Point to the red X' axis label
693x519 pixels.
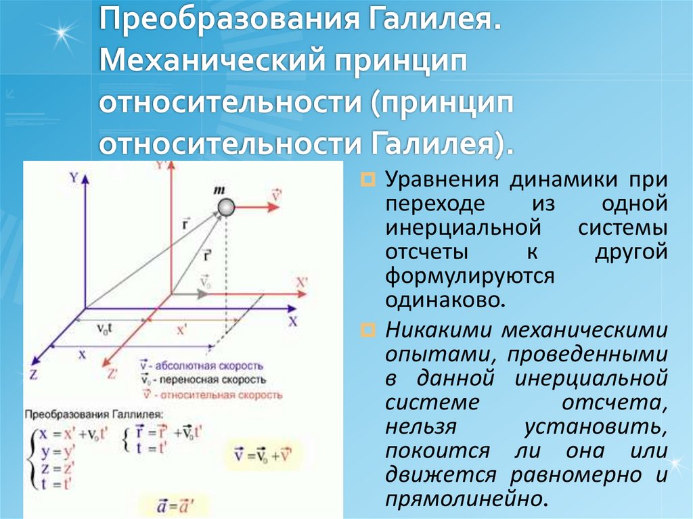302,282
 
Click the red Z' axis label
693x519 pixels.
112,371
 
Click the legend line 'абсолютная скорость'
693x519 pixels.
202,366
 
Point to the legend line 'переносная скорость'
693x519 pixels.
204,380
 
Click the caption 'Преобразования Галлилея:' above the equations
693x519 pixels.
94,413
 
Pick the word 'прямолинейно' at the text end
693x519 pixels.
464,498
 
